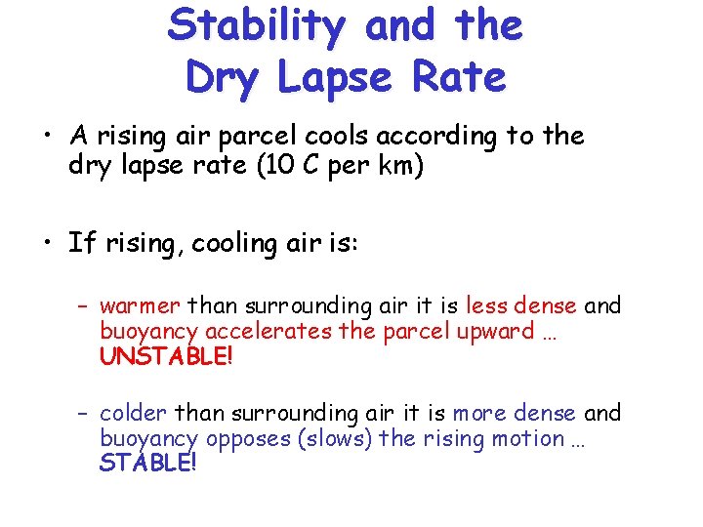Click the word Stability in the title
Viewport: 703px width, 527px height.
256,26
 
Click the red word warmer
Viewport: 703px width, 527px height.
140,306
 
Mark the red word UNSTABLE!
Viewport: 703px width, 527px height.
167,356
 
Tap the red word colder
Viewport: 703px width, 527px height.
133,413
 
